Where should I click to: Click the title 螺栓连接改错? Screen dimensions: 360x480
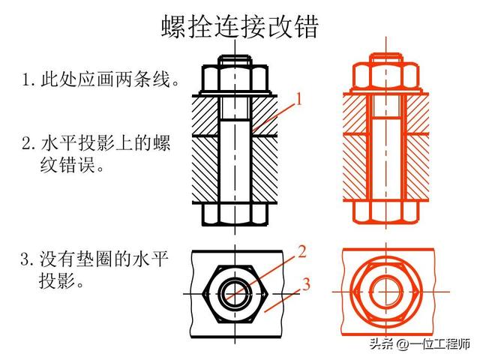click(x=240, y=28)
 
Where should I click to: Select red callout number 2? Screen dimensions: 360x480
click(x=301, y=252)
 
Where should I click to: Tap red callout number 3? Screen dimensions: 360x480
click(x=306, y=283)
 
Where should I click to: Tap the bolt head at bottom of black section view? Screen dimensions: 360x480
click(x=235, y=213)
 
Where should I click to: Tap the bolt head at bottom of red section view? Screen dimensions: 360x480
click(x=385, y=213)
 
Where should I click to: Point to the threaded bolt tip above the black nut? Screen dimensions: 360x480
click(x=235, y=59)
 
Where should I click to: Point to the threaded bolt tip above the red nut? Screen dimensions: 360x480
click(x=385, y=59)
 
